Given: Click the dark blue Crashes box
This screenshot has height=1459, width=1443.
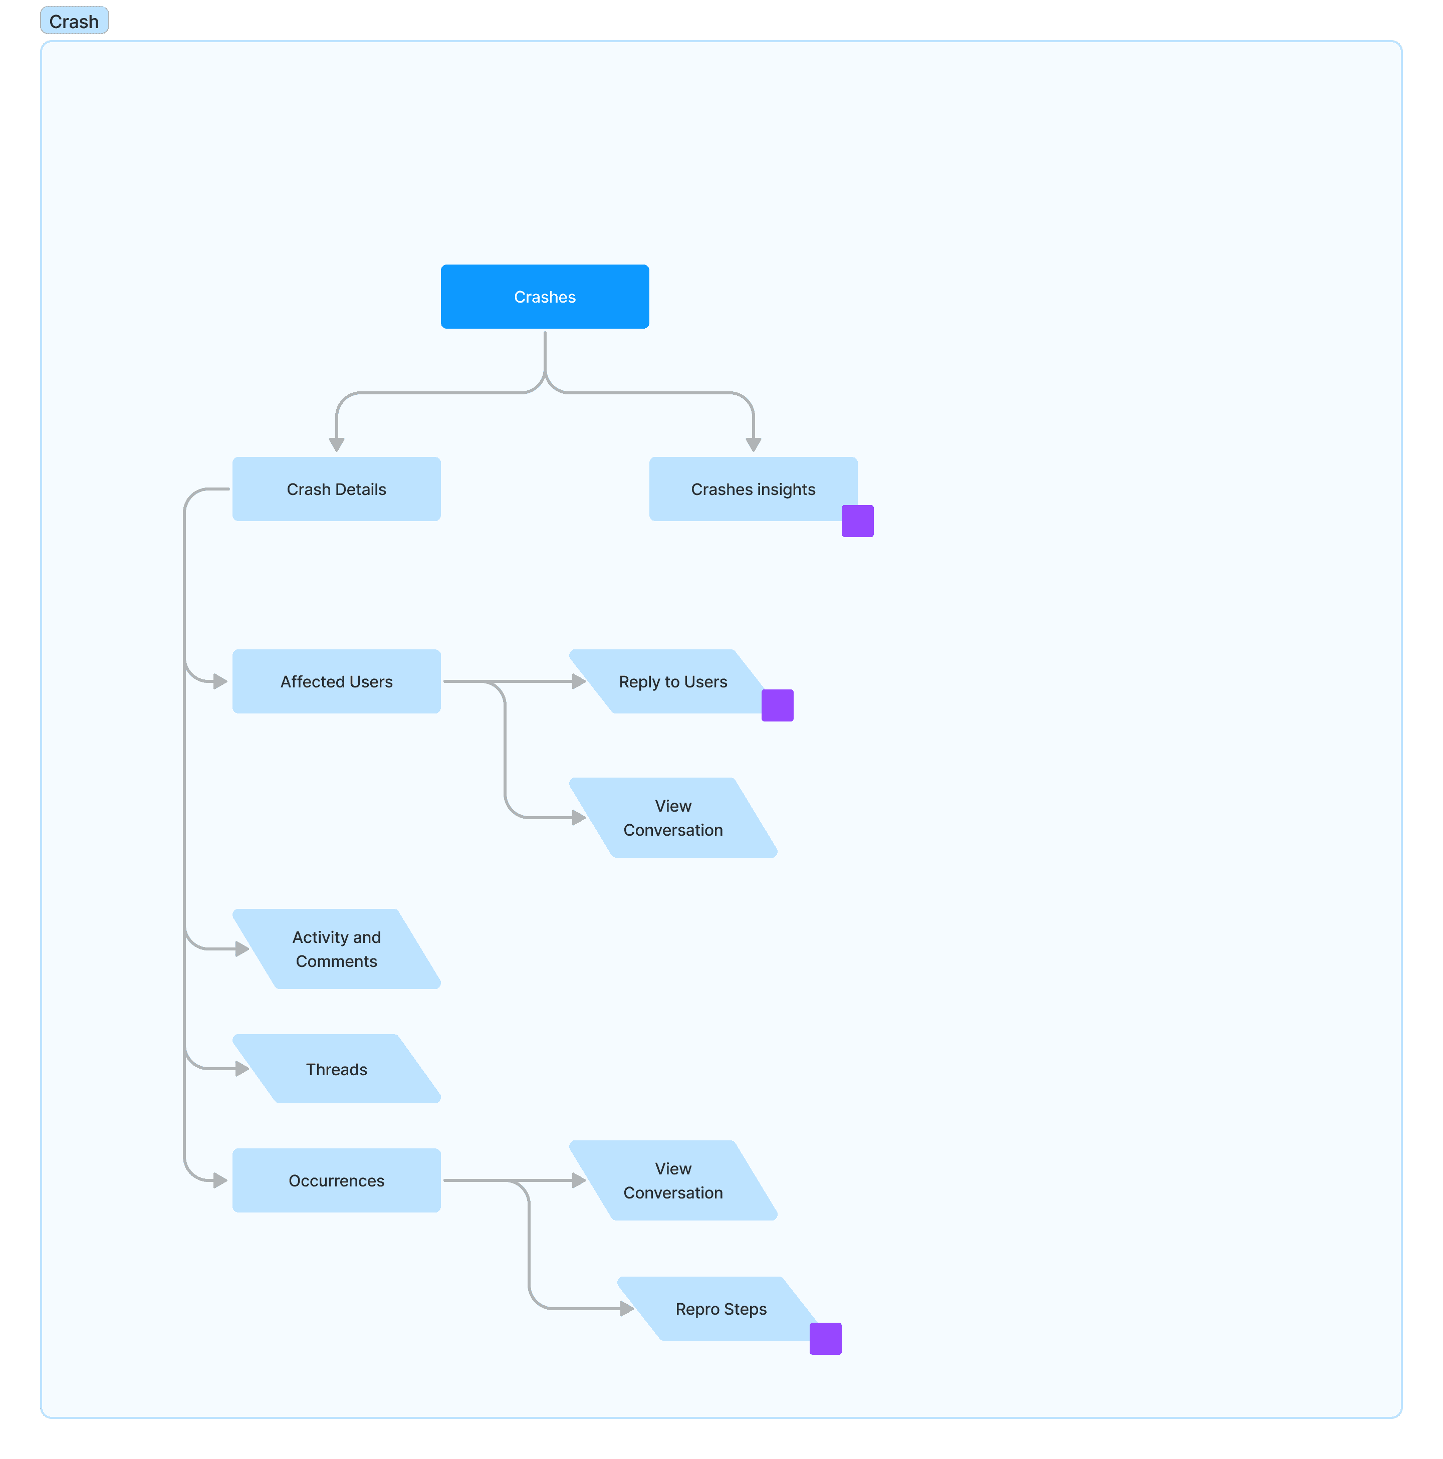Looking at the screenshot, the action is (x=545, y=296).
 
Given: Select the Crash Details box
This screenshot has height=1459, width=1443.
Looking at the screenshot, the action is (x=336, y=489).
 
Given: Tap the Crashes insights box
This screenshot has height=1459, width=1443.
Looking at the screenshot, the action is (x=753, y=489).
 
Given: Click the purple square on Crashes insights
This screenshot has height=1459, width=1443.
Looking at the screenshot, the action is (x=858, y=521).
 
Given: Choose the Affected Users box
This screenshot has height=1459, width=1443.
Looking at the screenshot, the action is (x=336, y=681).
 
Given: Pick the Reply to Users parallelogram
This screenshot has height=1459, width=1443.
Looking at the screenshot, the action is (x=673, y=681).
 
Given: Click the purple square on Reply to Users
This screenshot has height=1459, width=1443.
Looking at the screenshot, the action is (x=778, y=705).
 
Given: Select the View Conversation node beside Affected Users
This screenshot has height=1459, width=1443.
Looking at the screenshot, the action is (x=673, y=817).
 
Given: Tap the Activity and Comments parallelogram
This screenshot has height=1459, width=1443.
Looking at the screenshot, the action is (x=336, y=948).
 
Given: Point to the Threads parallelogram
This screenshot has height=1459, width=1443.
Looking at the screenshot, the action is (x=336, y=1069).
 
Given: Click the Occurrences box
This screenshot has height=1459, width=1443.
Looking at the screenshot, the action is (x=336, y=1180).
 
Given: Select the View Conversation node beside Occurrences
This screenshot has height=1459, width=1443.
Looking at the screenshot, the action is (x=673, y=1180).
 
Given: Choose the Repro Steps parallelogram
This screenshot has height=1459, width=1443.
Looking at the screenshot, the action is (x=721, y=1309).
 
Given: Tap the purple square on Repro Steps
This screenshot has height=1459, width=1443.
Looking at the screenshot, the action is (x=825, y=1339).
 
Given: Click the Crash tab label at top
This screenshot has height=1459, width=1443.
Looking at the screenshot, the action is (x=74, y=21).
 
